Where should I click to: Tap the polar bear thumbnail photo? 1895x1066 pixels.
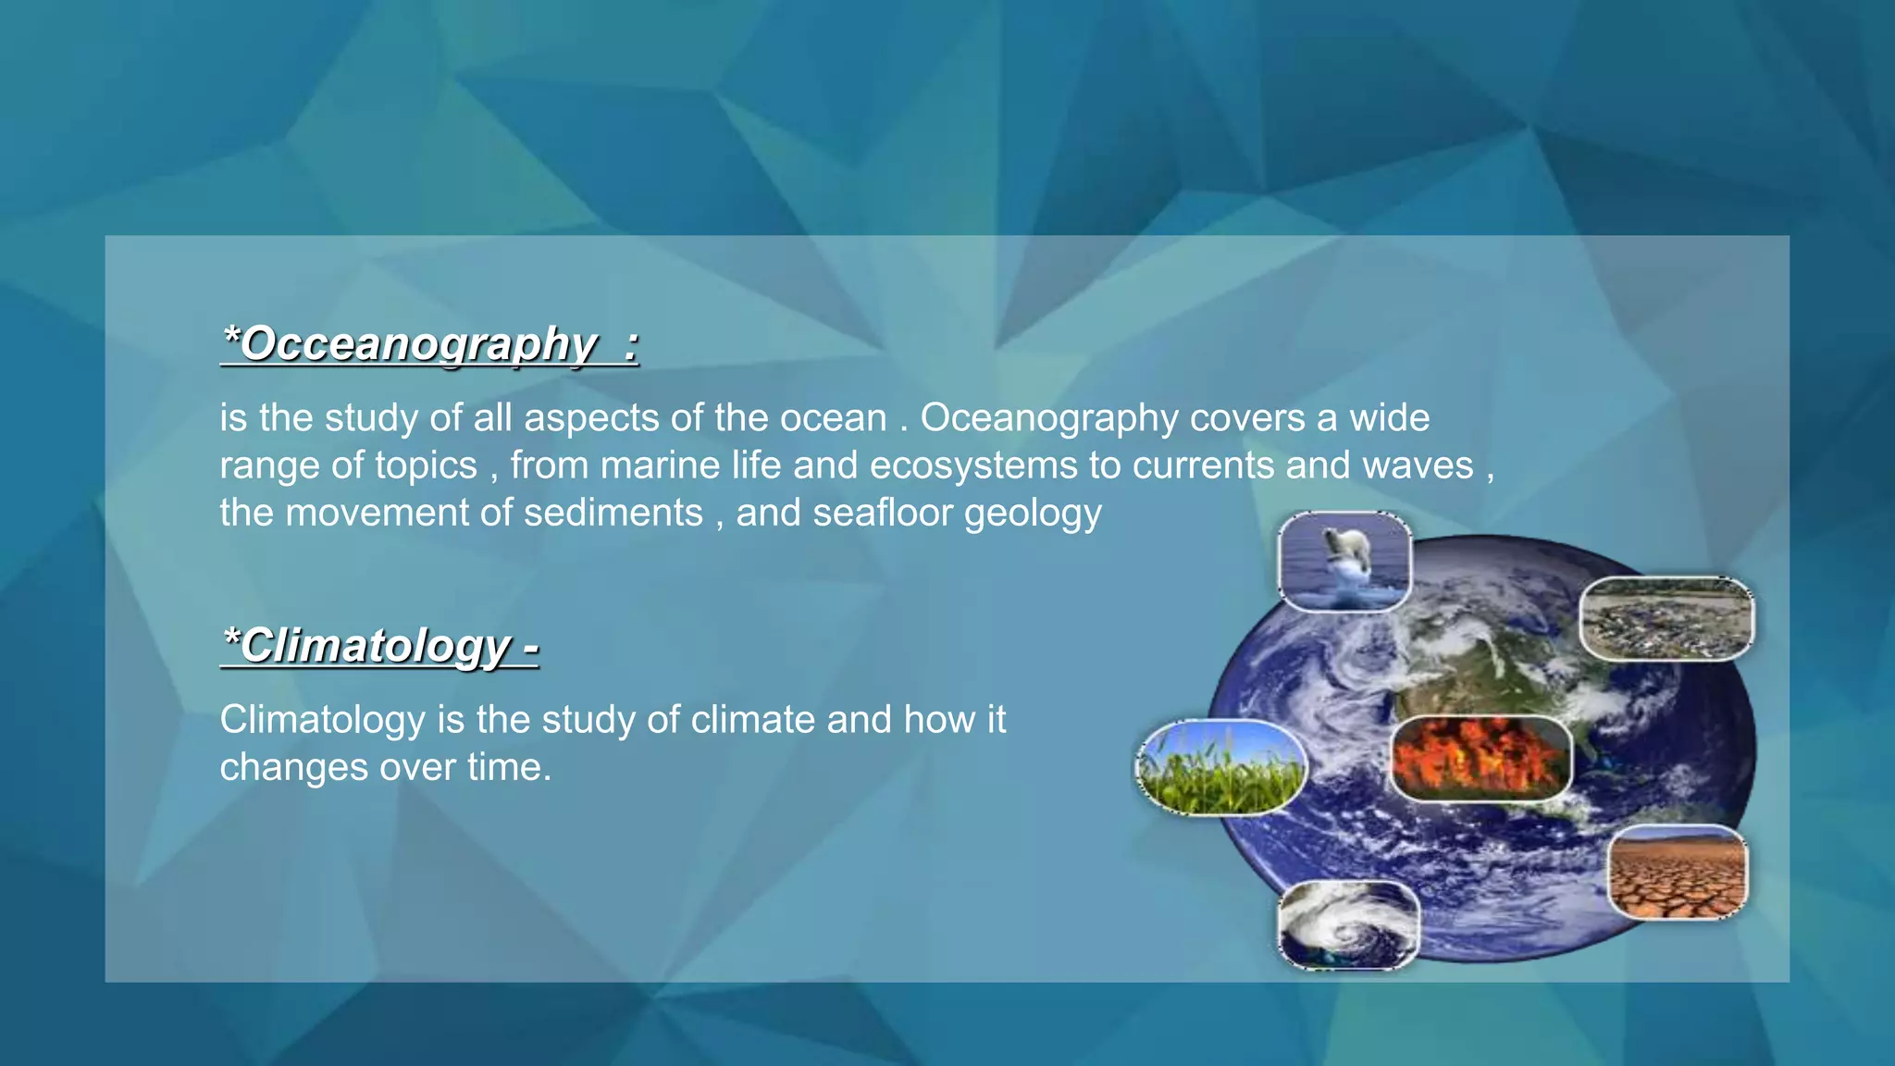(x=1344, y=562)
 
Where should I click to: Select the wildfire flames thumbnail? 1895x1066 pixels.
(x=1480, y=758)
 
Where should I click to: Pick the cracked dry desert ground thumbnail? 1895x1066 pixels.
(x=1677, y=873)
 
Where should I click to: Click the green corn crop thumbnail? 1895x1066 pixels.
(x=1220, y=767)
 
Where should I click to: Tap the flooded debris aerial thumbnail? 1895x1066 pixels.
(x=1666, y=618)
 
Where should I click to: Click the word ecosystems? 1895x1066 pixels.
(x=973, y=465)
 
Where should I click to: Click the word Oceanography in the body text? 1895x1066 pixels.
(x=1049, y=418)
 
